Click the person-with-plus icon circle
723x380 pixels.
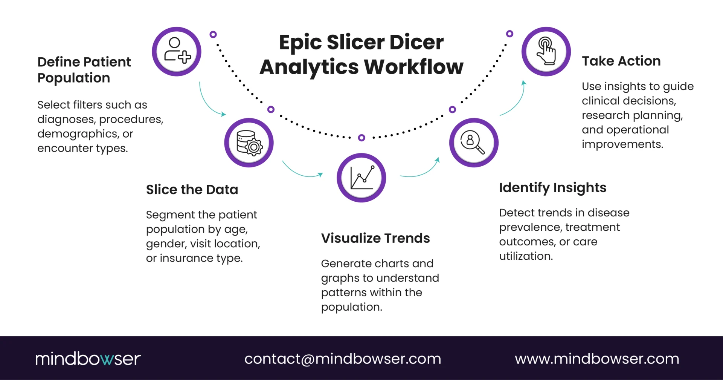tap(177, 51)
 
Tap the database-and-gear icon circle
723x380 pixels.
tap(249, 142)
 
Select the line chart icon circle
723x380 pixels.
tap(361, 178)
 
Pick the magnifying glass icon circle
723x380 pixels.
tap(474, 142)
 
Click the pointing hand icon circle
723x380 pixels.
tap(546, 51)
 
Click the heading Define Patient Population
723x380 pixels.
tap(84, 70)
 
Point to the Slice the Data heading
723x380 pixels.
tap(192, 190)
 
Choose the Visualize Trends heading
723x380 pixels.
tap(375, 238)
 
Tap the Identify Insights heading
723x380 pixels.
tap(552, 188)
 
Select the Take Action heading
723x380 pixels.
tap(621, 61)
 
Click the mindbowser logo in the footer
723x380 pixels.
tap(88, 359)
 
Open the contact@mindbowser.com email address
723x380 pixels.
tap(343, 359)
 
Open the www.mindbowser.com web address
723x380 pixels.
tap(597, 359)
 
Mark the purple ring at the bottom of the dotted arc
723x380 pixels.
tap(361, 138)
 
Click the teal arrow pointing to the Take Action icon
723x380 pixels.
tap(514, 101)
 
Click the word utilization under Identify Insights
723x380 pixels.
tap(526, 256)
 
